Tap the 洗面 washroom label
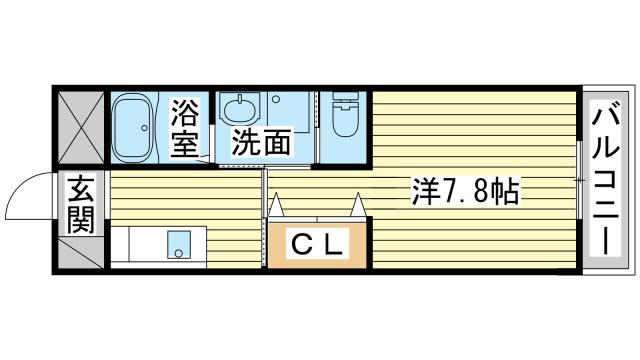pos(261,142)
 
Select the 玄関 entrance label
pos(81,204)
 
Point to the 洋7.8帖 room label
pos(465,191)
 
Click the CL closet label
pos(317,244)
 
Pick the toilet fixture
pos(345,114)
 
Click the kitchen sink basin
pos(179,244)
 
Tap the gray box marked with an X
pos(81,127)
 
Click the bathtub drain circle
pos(144,128)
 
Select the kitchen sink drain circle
pos(178,253)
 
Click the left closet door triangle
pos(276,204)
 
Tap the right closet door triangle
pos(358,204)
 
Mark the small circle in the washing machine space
pos(276,99)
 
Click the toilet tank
pos(345,97)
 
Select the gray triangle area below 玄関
pos(82,253)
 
